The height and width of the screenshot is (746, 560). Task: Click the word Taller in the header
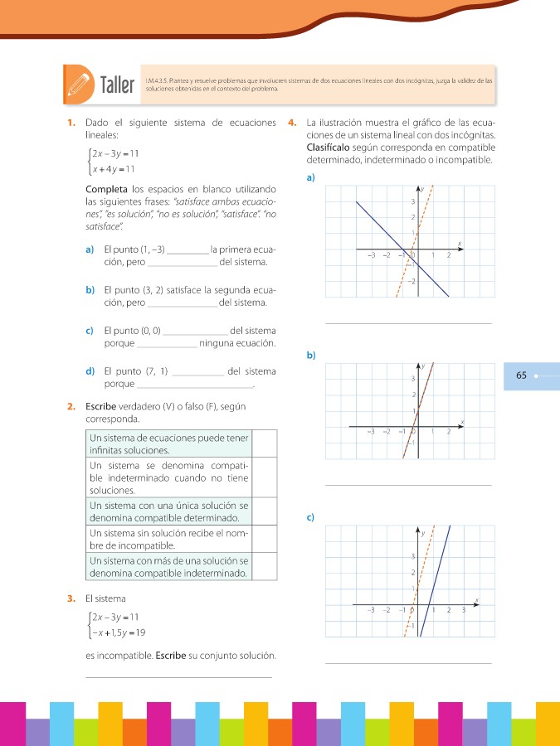116,85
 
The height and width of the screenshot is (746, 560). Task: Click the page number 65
521,375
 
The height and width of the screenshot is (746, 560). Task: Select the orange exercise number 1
71,124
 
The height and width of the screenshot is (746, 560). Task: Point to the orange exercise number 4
291,124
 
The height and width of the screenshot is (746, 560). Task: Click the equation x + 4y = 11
114,170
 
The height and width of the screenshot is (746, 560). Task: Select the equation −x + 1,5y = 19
119,632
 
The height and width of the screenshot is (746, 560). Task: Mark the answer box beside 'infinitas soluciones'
264,443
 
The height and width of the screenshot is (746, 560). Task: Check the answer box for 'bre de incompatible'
264,540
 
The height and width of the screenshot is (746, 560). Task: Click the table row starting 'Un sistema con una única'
169,511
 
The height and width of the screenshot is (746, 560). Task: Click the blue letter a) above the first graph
310,178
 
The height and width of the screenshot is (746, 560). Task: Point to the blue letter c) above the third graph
310,518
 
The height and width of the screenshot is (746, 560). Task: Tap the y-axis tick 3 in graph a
412,201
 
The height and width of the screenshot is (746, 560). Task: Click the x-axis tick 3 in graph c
464,610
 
